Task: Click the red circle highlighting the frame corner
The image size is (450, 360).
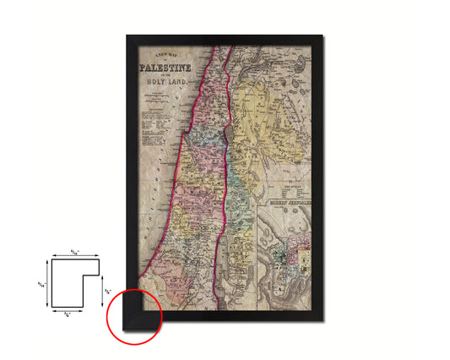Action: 134,315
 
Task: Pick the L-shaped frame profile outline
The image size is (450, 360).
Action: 74,278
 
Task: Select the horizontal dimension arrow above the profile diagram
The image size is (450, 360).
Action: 74,254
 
